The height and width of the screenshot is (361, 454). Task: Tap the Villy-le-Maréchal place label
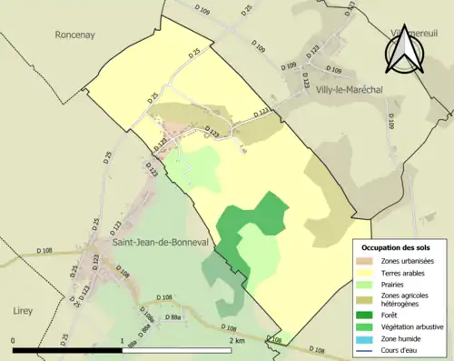point(350,91)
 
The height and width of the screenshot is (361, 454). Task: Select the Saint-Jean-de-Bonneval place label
point(158,244)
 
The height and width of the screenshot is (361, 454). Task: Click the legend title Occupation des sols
point(398,247)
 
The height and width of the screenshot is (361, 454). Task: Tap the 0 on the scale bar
point(13,341)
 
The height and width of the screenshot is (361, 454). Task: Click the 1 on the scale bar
point(122,341)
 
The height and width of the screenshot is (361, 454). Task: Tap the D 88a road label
point(176,318)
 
